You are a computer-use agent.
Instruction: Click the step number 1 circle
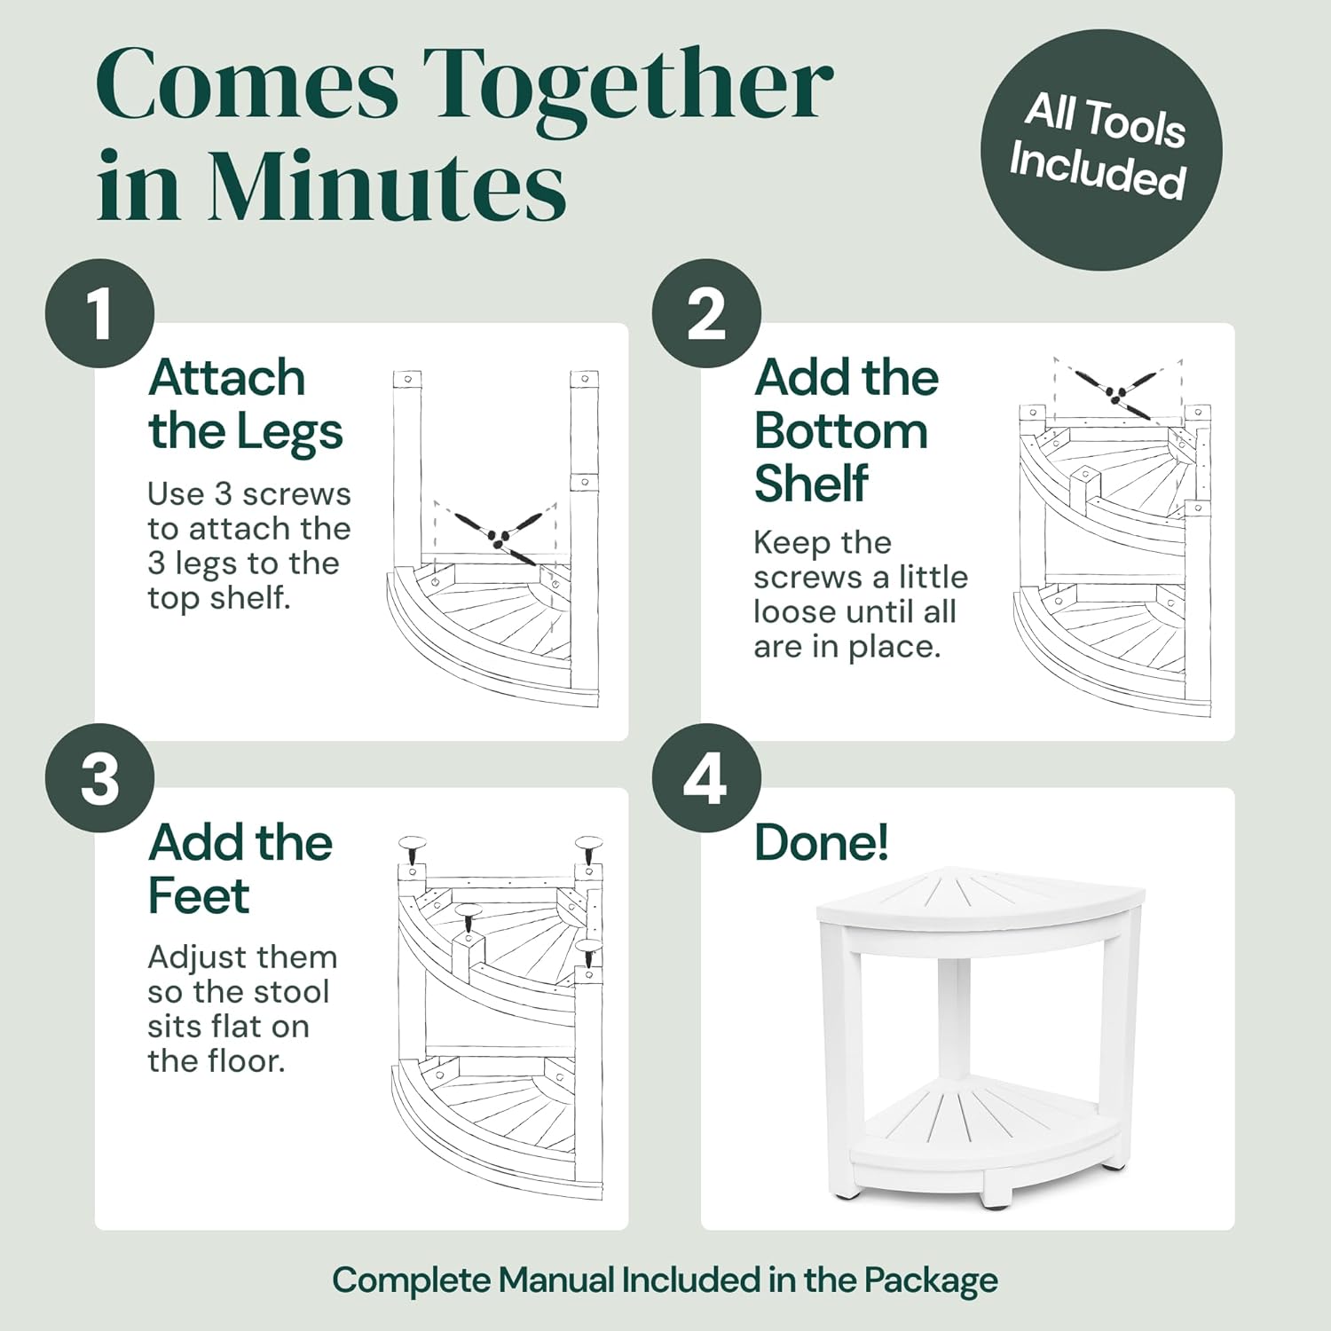(100, 313)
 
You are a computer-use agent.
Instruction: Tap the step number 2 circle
(706, 313)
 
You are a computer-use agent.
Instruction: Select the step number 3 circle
(100, 778)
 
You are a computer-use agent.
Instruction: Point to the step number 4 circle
(706, 778)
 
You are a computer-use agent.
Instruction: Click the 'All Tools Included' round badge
(1100, 149)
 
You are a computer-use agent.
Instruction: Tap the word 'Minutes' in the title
(387, 186)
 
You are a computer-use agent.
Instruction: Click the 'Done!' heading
(821, 842)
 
